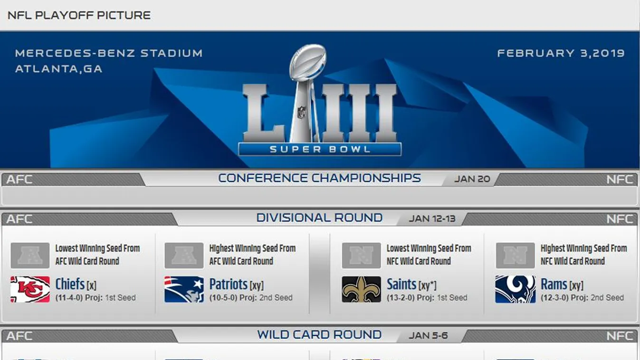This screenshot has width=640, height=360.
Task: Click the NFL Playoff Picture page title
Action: pos(79,15)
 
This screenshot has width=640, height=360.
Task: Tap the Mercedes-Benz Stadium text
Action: pos(109,53)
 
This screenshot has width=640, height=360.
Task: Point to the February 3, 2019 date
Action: pos(561,53)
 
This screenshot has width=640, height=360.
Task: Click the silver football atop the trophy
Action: pos(308,61)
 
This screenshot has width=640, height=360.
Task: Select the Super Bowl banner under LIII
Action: pos(320,149)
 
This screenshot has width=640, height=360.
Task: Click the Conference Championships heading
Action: pos(319,178)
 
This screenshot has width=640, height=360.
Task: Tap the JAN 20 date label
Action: pos(472,179)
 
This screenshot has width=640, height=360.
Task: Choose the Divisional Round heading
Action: pos(319,218)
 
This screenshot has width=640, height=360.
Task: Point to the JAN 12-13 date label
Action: pos(432,218)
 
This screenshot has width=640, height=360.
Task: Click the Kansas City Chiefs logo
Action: pos(30,289)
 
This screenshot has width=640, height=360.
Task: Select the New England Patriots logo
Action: pos(184,289)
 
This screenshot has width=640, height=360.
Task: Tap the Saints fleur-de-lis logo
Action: pos(362,289)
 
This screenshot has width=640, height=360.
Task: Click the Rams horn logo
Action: pos(516,289)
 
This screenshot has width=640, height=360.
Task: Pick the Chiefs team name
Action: pos(70,284)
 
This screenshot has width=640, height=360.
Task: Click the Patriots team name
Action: pos(228,284)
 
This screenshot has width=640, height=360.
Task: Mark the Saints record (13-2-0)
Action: pos(401,298)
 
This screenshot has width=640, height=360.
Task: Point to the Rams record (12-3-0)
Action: pos(554,298)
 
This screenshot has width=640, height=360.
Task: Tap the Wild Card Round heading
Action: pos(319,335)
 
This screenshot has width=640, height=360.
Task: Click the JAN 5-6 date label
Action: pos(428,335)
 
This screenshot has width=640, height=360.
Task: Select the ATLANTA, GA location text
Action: pos(58,69)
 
